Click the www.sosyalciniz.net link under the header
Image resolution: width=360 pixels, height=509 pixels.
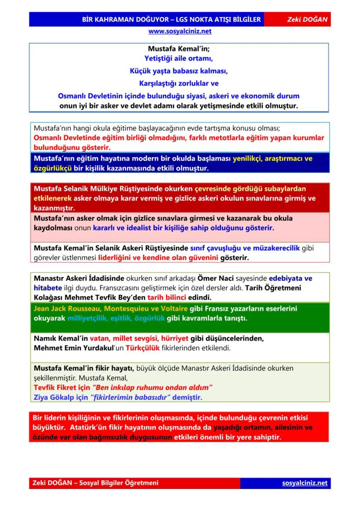pyautogui.click(x=180, y=31)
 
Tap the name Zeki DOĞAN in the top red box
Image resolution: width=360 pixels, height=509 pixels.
pyautogui.click(x=307, y=20)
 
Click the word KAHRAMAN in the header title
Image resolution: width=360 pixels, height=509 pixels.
pyautogui.click(x=116, y=20)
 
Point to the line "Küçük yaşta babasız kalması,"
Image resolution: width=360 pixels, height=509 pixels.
pyautogui.click(x=179, y=70)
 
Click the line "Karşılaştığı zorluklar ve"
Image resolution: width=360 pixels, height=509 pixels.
pyautogui.click(x=179, y=83)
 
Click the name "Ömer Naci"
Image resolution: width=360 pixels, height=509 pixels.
pyautogui.click(x=216, y=278)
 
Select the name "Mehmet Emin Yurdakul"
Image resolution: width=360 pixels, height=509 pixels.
pyautogui.click(x=70, y=348)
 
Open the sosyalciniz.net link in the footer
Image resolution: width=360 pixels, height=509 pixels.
pyautogui.click(x=304, y=483)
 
